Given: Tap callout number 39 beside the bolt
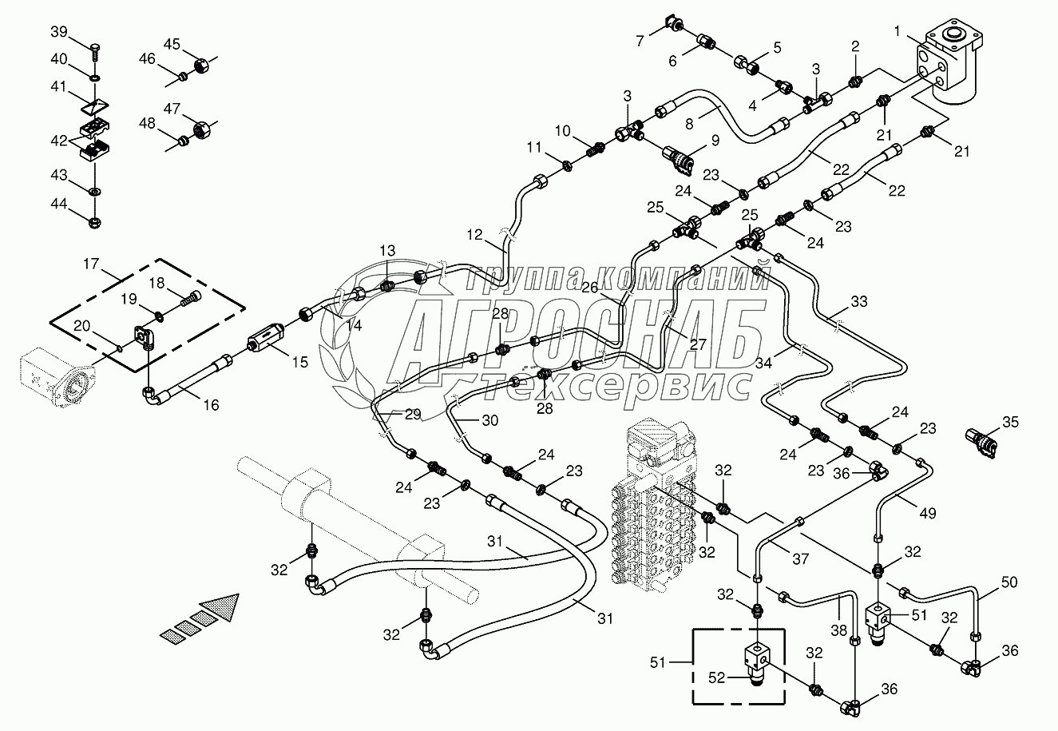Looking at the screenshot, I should [61, 32].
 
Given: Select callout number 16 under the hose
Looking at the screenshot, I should [210, 405].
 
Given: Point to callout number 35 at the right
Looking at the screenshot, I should [1011, 422].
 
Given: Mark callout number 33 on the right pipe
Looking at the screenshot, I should [858, 303].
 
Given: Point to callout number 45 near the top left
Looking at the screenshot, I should [173, 43].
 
